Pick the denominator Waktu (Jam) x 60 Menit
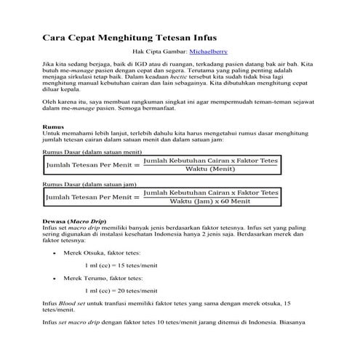pos(211,201)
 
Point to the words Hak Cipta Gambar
pos(159,52)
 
